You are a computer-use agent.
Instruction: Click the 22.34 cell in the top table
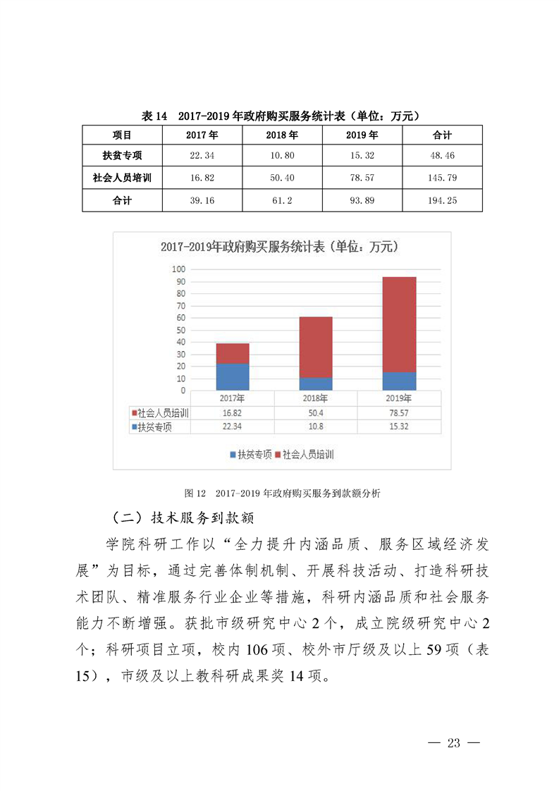coord(202,156)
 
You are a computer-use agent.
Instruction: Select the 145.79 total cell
coord(442,178)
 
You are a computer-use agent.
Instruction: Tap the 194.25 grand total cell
coord(442,201)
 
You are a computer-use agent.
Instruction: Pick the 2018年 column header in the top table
coord(282,135)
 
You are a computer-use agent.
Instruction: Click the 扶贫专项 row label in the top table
coord(122,156)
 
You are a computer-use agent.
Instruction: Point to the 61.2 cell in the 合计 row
coord(282,201)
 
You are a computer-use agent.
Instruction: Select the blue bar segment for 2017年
coord(233,376)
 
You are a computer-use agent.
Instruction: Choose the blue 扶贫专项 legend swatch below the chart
coord(233,455)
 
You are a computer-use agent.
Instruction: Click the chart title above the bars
coord(279,247)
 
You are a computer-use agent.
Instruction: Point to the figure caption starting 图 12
coord(282,493)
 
